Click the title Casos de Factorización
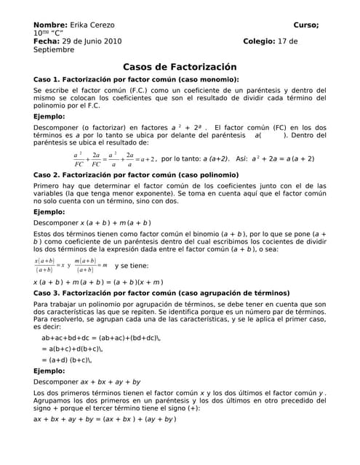(180, 66)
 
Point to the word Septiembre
(53, 50)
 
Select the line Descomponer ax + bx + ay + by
(87, 381)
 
